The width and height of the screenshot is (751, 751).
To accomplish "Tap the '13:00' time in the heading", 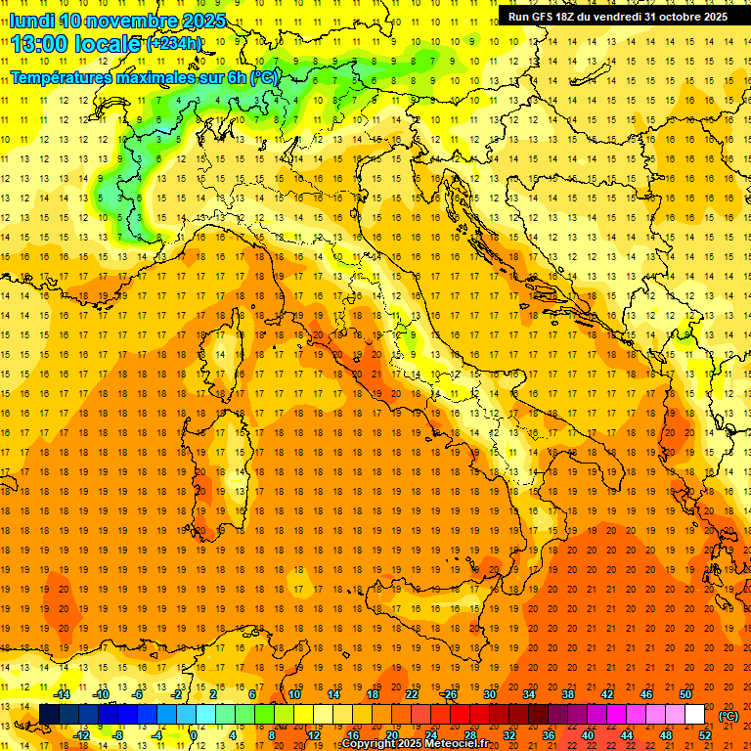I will click(x=39, y=44).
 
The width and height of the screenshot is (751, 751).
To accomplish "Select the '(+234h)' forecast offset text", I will click(x=174, y=44).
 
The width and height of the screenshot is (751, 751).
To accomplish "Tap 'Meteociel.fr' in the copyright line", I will click(x=458, y=744).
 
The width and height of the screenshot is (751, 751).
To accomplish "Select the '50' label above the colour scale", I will click(x=685, y=695).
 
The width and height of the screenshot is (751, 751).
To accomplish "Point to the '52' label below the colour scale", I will click(x=705, y=735).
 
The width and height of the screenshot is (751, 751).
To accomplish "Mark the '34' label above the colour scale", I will click(x=529, y=695).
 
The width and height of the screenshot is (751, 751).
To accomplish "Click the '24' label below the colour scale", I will click(x=431, y=735).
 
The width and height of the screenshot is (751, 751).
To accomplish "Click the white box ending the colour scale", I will click(x=695, y=715).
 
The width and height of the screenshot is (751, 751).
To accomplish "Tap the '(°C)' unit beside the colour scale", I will click(x=729, y=716).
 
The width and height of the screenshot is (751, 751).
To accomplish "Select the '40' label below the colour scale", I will click(x=588, y=735).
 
